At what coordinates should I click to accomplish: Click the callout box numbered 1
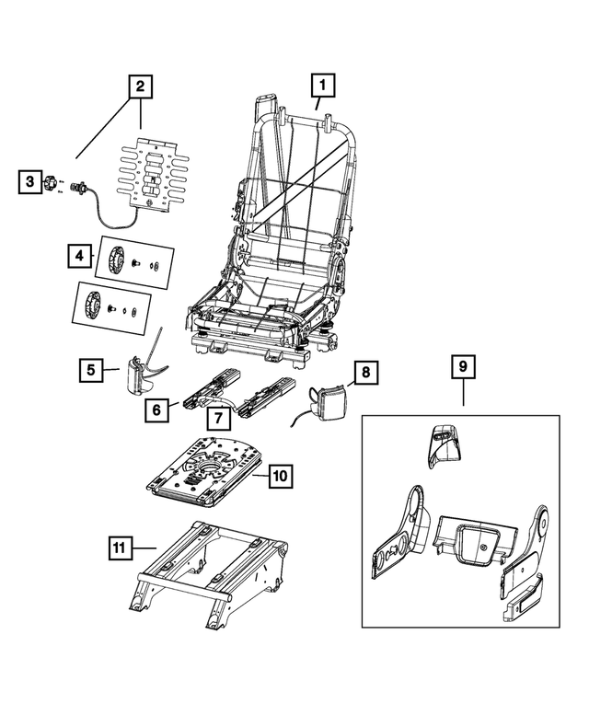(x=322, y=86)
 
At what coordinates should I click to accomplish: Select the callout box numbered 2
(x=140, y=89)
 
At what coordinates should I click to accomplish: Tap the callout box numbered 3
(x=30, y=182)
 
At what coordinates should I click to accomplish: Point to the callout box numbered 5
(x=90, y=371)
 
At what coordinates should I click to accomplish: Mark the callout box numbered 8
(x=364, y=373)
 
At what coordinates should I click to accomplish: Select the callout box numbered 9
(x=463, y=368)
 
